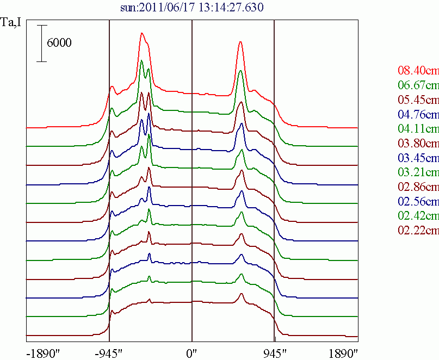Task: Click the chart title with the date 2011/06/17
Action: pyautogui.click(x=192, y=7)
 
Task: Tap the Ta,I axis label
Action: pyautogui.click(x=11, y=22)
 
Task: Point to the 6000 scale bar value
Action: pyautogui.click(x=59, y=42)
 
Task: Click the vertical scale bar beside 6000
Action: pyautogui.click(x=42, y=44)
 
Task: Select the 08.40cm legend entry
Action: pyautogui.click(x=418, y=70)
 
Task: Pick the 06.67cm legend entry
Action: pyautogui.click(x=418, y=85)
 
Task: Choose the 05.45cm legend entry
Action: pyautogui.click(x=418, y=100)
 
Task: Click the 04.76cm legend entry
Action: pyautogui.click(x=418, y=114)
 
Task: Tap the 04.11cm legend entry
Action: pyautogui.click(x=418, y=128)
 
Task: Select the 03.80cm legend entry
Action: pyautogui.click(x=418, y=143)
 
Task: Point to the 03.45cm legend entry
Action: pyautogui.click(x=418, y=158)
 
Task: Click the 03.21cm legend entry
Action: pyautogui.click(x=418, y=172)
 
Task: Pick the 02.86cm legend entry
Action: pyautogui.click(x=418, y=187)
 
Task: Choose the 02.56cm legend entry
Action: pyautogui.click(x=418, y=201)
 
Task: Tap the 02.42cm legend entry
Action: pyautogui.click(x=418, y=215)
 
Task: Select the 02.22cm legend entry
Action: pyautogui.click(x=418, y=230)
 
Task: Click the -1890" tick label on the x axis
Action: pyautogui.click(x=43, y=354)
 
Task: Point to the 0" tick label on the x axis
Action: pyautogui.click(x=192, y=354)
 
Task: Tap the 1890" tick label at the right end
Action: pyautogui.click(x=343, y=354)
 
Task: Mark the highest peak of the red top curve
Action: pyautogui.click(x=142, y=33)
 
